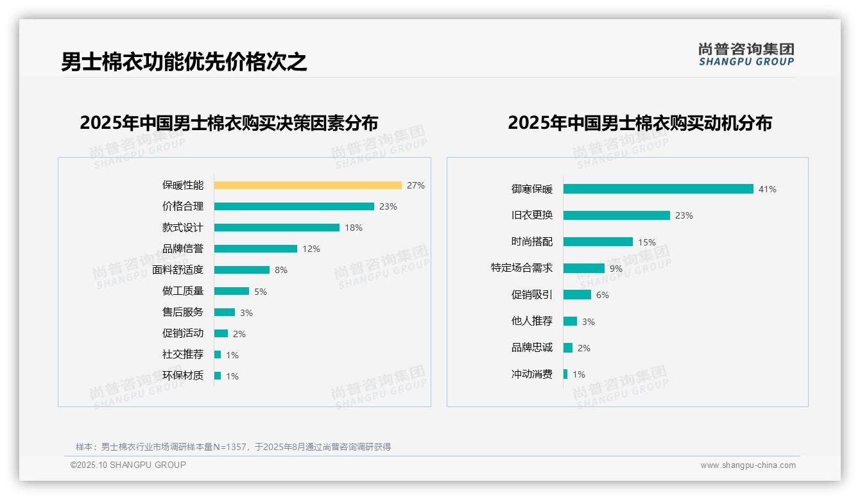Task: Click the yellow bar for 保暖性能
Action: tap(307, 185)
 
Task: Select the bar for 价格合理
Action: tap(294, 206)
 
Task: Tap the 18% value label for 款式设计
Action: tap(354, 228)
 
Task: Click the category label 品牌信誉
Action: tap(182, 249)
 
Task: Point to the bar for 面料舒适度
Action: tap(242, 270)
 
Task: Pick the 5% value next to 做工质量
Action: tap(261, 292)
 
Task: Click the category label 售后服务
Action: tap(182, 312)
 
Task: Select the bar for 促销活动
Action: tap(221, 333)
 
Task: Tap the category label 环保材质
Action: tap(182, 376)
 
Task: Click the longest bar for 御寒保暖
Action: tap(658, 189)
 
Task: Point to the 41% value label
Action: tap(768, 189)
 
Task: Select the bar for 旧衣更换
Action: tap(616, 215)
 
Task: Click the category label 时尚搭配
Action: tap(531, 242)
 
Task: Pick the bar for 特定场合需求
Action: tap(584, 269)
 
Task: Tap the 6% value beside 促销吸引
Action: tap(603, 295)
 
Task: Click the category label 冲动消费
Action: tap(531, 374)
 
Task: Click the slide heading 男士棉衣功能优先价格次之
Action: tap(184, 62)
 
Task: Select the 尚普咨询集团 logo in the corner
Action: tap(746, 54)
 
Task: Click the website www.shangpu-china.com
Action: tap(748, 465)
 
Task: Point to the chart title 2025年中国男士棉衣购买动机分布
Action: tap(640, 123)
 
